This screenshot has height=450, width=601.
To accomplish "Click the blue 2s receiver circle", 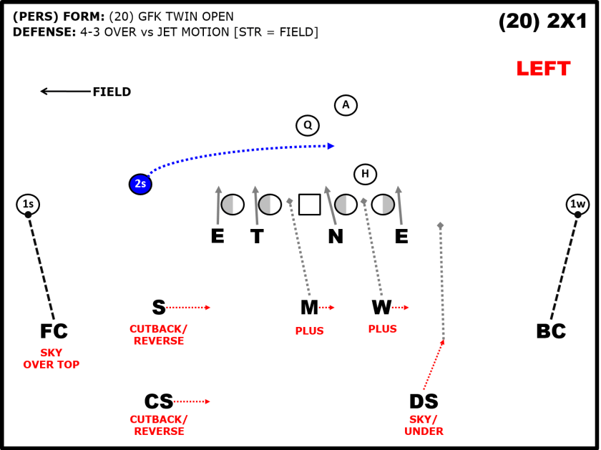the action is [140, 184].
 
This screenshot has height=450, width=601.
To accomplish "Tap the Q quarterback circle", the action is [308, 125].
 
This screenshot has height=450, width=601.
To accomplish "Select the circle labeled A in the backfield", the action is [346, 105].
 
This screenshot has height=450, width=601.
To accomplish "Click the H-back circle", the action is [365, 174].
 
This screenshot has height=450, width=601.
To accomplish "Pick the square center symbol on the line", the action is [309, 205].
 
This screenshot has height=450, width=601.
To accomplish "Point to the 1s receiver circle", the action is [28, 204].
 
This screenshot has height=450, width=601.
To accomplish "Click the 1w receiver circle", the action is [577, 204].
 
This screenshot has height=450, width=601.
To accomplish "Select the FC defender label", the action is [54, 331].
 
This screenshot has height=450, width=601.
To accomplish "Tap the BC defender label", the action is [551, 331].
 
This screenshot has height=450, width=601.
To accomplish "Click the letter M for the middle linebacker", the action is [309, 308].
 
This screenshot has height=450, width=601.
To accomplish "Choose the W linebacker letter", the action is [382, 307].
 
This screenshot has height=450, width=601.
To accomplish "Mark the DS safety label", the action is [424, 401].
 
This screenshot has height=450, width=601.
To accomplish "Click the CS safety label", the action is [159, 401].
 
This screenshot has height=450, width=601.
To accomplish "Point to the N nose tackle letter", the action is [336, 236].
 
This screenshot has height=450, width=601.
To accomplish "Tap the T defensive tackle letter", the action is [257, 236].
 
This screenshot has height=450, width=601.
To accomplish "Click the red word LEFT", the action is [544, 69].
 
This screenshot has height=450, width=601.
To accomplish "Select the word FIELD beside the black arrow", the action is [112, 92].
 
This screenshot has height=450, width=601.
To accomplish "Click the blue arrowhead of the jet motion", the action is [331, 146].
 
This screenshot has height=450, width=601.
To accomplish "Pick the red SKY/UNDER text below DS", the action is [424, 426].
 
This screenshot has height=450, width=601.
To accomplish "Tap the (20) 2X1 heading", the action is [543, 21].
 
